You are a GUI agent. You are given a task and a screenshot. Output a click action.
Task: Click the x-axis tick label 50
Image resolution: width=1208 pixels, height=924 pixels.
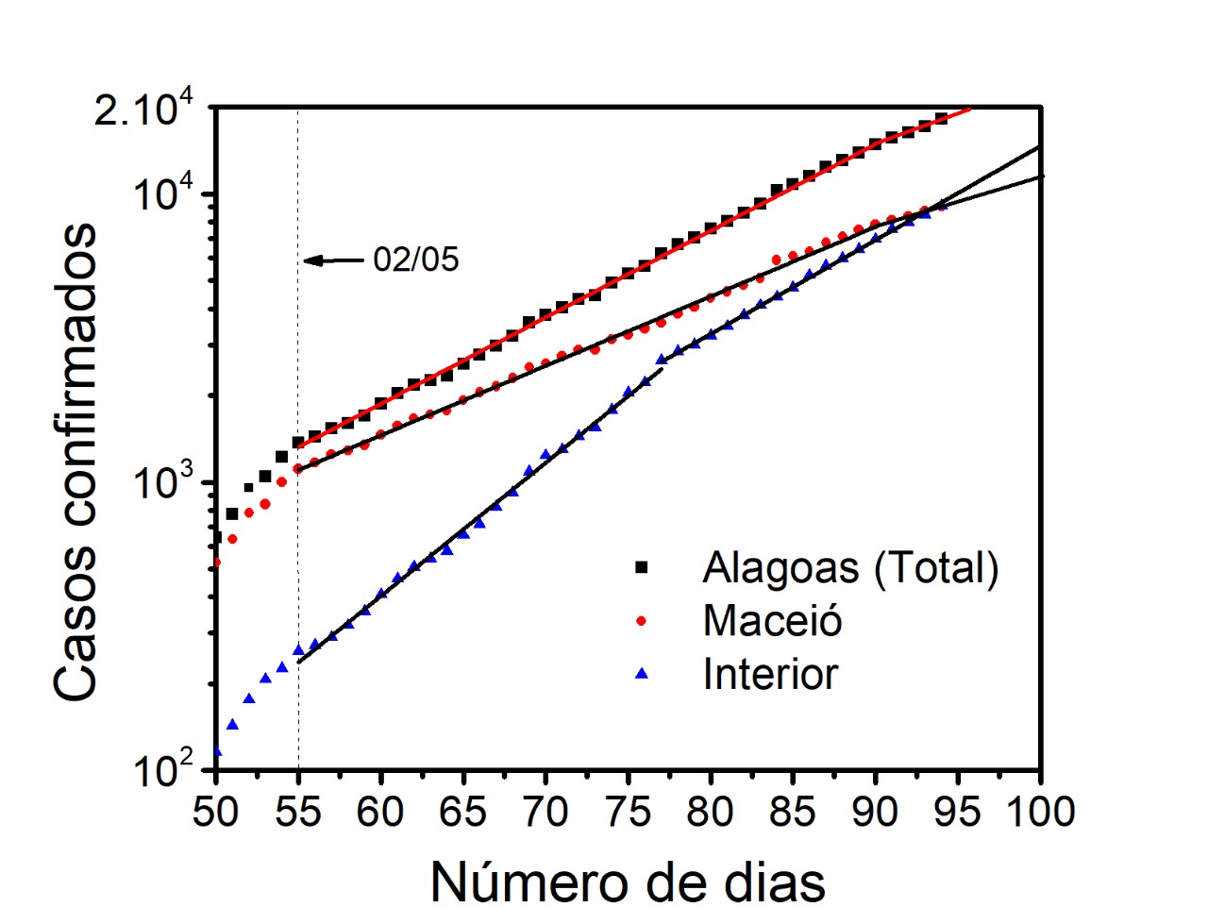point(216,813)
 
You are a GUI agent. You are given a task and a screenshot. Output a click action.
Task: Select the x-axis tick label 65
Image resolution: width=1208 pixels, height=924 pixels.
point(463,813)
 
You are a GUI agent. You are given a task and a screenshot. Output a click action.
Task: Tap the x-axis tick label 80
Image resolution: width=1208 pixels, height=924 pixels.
point(711,813)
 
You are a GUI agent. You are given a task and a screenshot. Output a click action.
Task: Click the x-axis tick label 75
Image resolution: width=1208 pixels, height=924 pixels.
point(629,813)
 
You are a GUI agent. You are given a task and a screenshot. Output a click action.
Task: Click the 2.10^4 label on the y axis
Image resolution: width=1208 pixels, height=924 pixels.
point(144,110)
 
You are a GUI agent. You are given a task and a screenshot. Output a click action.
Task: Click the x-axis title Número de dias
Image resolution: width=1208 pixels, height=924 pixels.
point(628,882)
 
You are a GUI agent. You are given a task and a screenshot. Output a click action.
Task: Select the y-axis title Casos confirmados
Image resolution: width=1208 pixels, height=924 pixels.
point(75,462)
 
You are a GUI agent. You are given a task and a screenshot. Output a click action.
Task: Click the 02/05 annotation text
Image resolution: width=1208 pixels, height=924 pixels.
point(415,260)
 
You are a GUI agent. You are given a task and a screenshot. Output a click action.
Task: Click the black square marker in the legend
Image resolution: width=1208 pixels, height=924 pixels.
point(643,566)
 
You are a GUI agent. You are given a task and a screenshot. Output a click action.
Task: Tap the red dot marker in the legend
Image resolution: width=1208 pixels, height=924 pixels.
point(643,620)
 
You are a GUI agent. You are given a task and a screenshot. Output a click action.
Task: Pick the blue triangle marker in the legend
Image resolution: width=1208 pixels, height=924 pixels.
point(643,673)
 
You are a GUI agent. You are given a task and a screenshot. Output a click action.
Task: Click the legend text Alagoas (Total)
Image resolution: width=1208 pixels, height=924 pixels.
point(850,567)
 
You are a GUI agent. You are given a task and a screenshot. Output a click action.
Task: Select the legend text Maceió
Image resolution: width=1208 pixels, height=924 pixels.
point(772,620)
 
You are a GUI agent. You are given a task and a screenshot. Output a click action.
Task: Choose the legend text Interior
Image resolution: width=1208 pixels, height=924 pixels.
point(770,674)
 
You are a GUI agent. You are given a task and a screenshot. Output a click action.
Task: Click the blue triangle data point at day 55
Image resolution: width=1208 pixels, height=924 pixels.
point(298,649)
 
